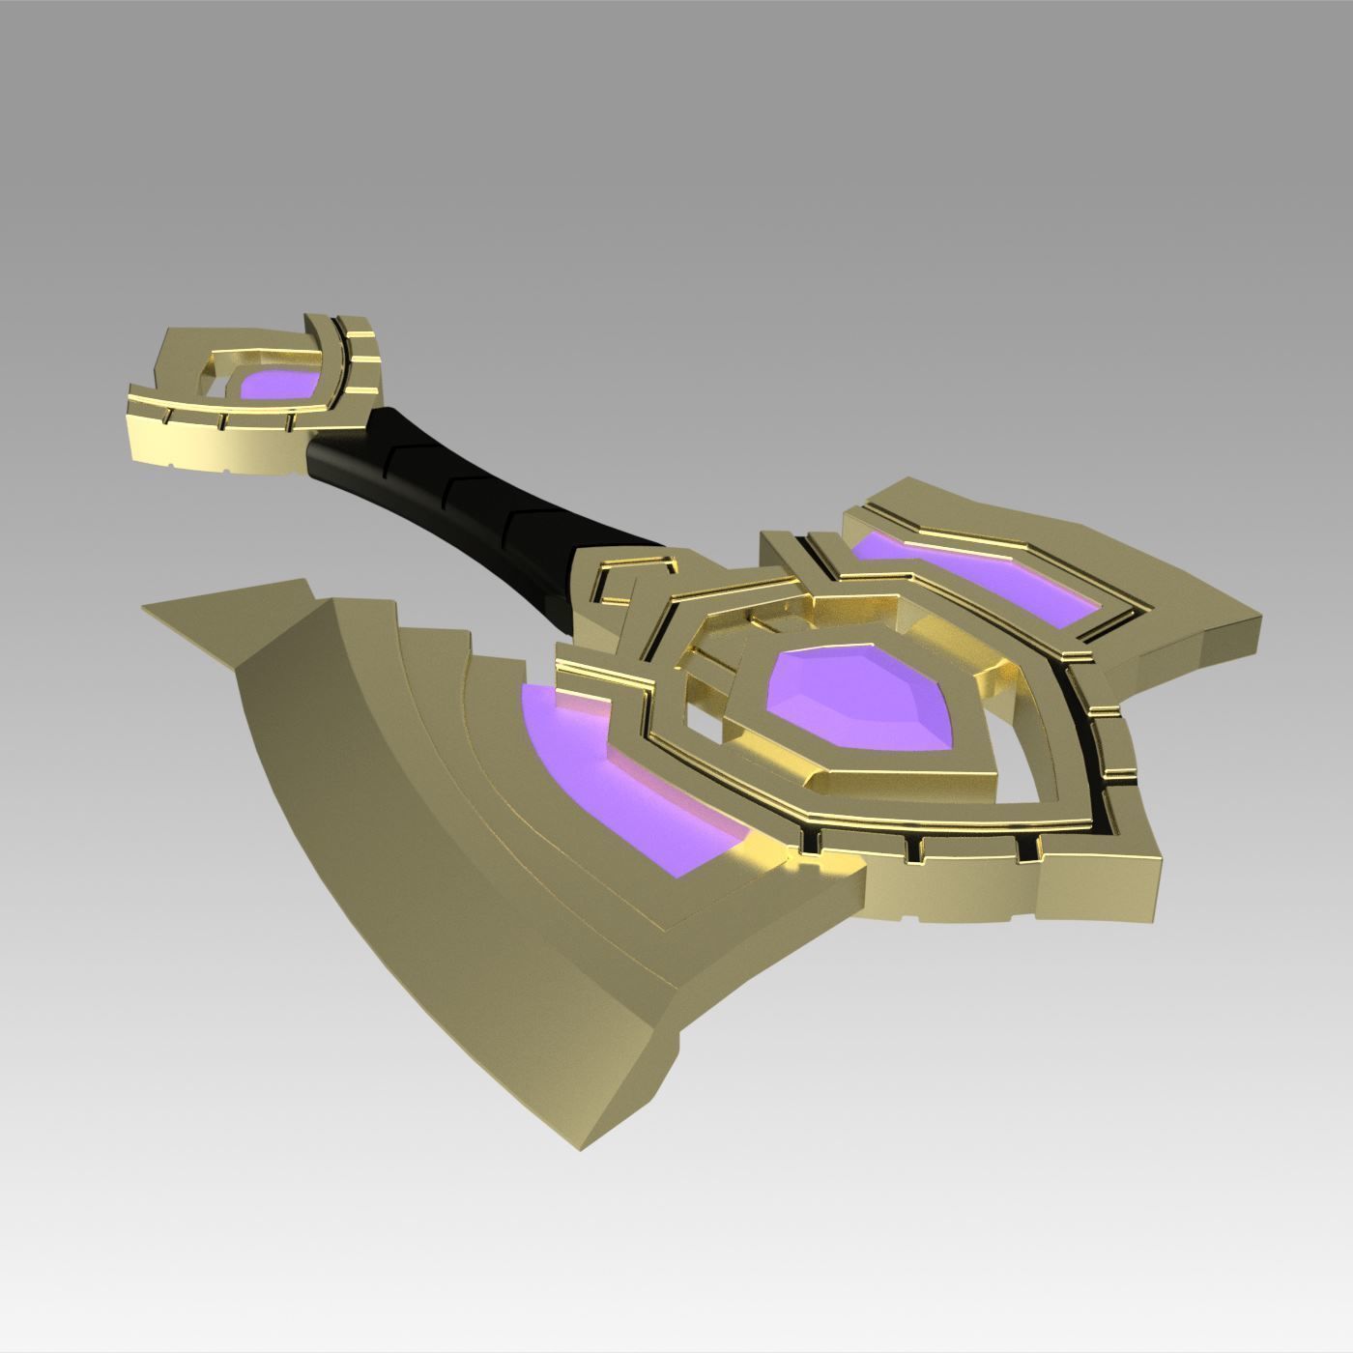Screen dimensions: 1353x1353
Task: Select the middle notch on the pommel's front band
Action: click(222, 421)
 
